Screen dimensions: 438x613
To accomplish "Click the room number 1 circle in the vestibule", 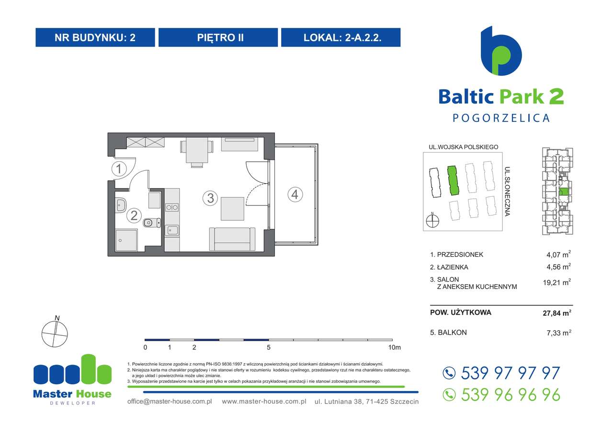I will point(119,169).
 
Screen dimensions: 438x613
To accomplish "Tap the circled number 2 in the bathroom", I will point(135,216).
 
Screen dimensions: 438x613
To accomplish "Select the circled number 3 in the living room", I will point(210,198).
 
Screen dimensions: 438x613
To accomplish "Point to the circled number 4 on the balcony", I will point(295,194).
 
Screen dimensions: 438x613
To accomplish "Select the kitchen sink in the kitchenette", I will point(172,230).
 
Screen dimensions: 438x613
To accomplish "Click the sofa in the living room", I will point(232,238).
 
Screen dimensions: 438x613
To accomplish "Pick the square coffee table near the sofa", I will point(233,208).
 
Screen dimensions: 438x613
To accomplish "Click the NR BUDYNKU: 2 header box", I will point(95,37).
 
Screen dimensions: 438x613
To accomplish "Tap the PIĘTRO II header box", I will point(218,37).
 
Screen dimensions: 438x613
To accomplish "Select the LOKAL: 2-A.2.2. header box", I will point(341,37).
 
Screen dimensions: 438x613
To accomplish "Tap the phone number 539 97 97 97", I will point(510,373).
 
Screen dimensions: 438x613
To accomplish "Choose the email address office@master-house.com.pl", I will point(170,401).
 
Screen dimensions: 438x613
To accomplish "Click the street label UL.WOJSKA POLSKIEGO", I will point(464,147).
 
